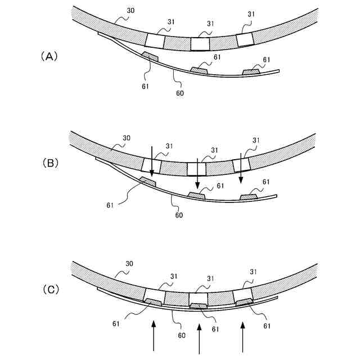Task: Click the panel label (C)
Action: click(49, 290)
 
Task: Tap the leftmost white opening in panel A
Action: click(155, 40)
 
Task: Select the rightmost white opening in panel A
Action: click(245, 39)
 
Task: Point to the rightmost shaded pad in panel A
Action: click(251, 71)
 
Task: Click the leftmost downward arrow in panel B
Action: click(152, 160)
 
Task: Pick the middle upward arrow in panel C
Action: click(200, 338)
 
